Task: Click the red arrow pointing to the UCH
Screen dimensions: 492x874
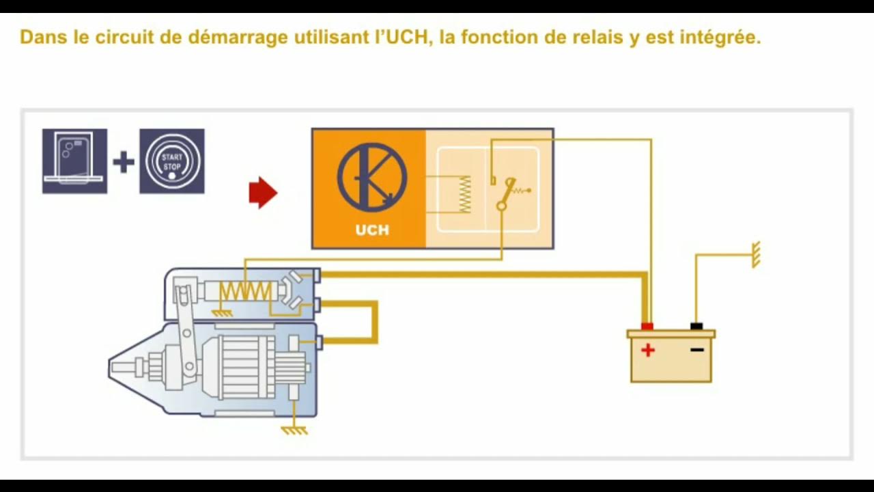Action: click(263, 193)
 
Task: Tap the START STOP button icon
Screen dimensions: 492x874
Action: click(172, 161)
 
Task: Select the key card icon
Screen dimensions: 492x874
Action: click(74, 160)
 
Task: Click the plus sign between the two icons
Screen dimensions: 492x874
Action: click(124, 162)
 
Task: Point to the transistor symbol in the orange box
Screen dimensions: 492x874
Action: click(372, 177)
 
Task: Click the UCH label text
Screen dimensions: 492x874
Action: click(372, 230)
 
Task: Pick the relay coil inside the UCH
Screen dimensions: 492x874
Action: click(465, 194)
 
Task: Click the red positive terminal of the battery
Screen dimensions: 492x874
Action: click(647, 326)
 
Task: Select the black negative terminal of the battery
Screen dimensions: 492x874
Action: click(696, 326)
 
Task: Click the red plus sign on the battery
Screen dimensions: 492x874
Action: click(647, 351)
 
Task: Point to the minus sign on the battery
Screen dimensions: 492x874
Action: click(696, 351)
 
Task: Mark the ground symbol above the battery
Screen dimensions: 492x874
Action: click(755, 254)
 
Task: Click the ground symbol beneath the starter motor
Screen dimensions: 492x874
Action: click(294, 430)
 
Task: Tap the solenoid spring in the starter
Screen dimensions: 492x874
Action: click(244, 292)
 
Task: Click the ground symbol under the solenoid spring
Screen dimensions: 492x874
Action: click(221, 312)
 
